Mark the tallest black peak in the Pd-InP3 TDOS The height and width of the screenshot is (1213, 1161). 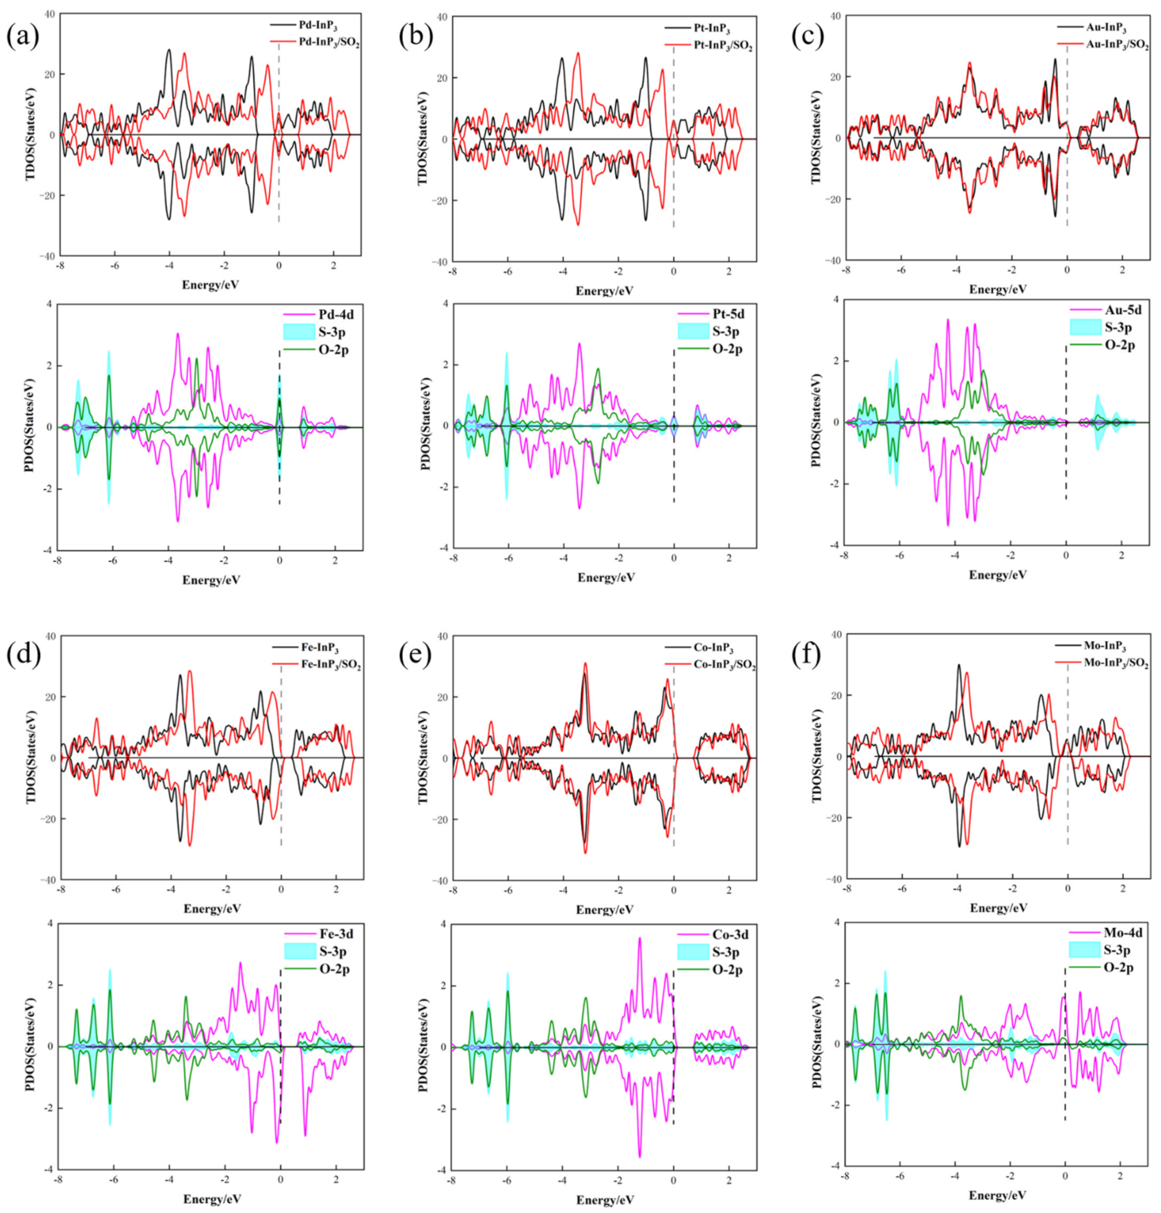coord(168,50)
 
